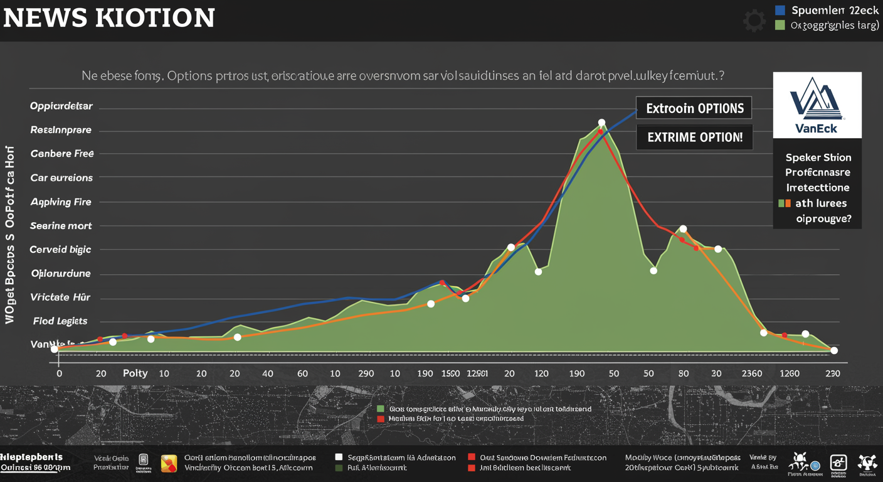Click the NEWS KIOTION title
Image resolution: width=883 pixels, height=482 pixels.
[x=108, y=18]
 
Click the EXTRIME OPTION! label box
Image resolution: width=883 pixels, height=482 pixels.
[x=694, y=137]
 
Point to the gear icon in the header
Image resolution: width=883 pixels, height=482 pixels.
[x=754, y=20]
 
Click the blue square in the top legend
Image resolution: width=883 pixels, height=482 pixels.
[x=780, y=10]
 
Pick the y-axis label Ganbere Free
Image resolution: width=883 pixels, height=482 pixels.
[x=61, y=154]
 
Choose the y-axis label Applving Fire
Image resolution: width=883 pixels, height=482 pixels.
[x=61, y=202]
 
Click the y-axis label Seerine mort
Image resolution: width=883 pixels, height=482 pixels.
[x=61, y=226]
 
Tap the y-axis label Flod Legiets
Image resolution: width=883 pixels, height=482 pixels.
[x=60, y=321]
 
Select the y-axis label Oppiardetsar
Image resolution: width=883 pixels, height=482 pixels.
[x=61, y=106]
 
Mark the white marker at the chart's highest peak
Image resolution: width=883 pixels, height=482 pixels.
[x=601, y=123]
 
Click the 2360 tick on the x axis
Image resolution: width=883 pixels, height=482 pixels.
[x=751, y=373]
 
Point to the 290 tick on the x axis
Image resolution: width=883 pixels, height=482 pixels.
[x=366, y=373]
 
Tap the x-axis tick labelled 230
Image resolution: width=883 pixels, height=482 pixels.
[x=832, y=373]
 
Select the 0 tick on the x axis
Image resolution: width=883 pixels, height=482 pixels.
[x=59, y=373]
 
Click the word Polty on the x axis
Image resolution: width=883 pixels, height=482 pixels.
[x=135, y=373]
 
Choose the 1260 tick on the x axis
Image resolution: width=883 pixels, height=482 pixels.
[x=789, y=373]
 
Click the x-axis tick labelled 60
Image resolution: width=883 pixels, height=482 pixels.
[x=302, y=373]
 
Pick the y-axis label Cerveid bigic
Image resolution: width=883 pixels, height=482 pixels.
[x=60, y=250]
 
